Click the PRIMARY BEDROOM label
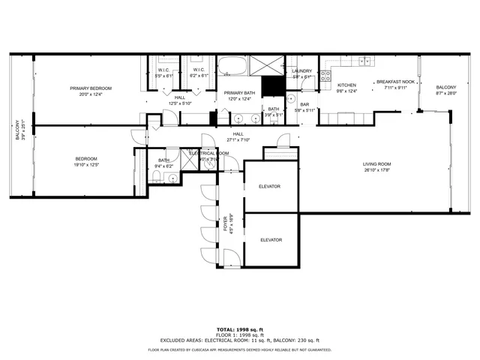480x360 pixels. [x=90, y=88]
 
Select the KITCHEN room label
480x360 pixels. [x=346, y=85]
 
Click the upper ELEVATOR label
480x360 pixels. [x=269, y=186]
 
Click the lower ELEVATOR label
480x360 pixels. [x=271, y=240]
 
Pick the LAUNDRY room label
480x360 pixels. [x=301, y=70]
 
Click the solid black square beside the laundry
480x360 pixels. [x=273, y=85]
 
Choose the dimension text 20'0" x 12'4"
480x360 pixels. [x=90, y=94]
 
